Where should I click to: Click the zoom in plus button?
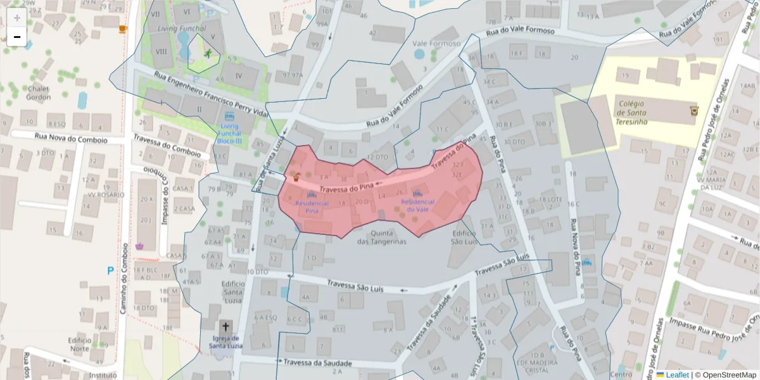(x=17, y=18)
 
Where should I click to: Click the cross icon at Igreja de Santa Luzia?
(x=225, y=327)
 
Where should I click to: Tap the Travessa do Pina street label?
(x=346, y=188)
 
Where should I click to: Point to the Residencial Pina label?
(x=312, y=206)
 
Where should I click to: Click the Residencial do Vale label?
(x=418, y=205)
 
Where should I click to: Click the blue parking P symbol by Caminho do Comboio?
(x=110, y=270)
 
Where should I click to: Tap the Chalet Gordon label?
(x=39, y=93)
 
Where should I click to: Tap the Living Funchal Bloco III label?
(x=229, y=134)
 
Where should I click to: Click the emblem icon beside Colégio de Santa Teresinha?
(x=693, y=111)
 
